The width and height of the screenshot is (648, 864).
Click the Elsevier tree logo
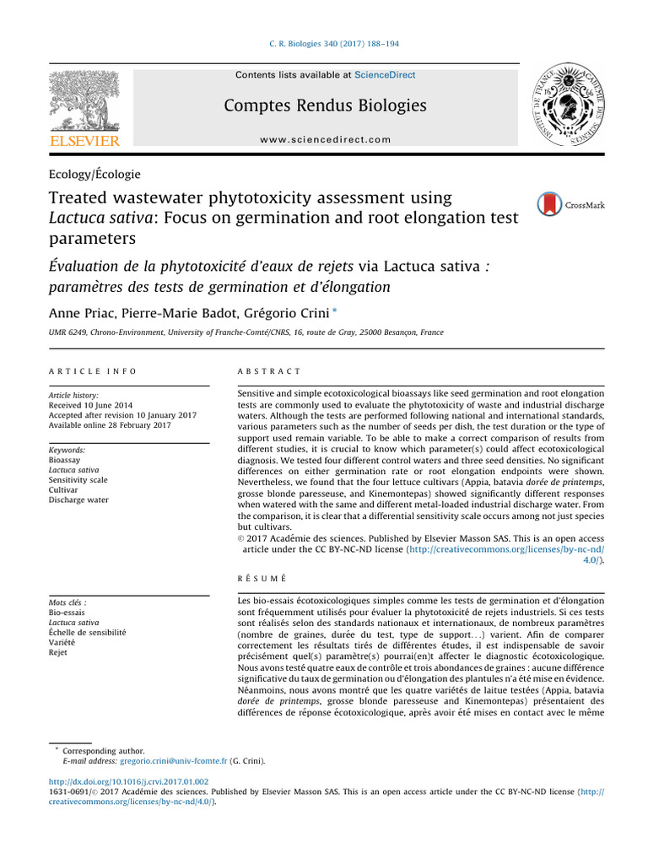84,100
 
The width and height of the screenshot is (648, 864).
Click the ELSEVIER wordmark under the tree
84,141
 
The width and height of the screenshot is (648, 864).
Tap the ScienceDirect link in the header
385,75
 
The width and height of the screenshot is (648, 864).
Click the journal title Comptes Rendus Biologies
325,105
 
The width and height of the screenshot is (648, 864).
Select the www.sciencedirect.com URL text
325,139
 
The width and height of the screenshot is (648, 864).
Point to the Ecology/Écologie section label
95,175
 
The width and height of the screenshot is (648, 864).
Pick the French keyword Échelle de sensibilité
88,631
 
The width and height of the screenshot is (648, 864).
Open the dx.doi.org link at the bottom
129,782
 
